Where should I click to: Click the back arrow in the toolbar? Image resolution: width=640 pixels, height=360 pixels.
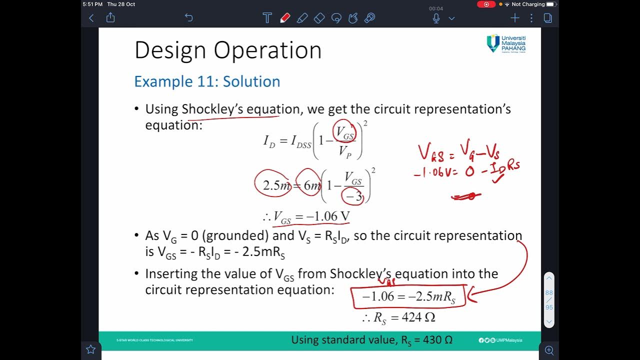click(x=91, y=18)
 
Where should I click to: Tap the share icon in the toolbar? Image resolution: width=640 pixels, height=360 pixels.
click(x=110, y=18)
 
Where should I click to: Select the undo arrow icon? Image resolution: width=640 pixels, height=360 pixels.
click(x=188, y=18)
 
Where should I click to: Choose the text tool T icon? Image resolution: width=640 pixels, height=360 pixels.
click(x=267, y=18)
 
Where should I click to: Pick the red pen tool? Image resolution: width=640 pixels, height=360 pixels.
click(x=285, y=18)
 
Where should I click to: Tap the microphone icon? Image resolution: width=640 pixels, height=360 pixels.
click(x=436, y=18)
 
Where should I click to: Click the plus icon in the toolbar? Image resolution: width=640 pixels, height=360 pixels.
click(x=514, y=18)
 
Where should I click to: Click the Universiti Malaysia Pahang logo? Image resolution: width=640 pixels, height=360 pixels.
click(x=506, y=43)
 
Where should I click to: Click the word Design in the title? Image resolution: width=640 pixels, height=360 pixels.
click(x=170, y=50)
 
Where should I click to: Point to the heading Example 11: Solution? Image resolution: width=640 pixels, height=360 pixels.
click(x=207, y=81)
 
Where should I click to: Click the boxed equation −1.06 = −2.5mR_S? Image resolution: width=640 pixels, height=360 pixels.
click(x=408, y=296)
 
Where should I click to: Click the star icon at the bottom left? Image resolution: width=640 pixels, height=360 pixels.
click(x=90, y=349)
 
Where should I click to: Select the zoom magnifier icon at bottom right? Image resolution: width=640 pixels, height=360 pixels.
click(x=549, y=350)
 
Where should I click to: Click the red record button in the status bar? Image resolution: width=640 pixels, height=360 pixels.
click(x=486, y=4)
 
